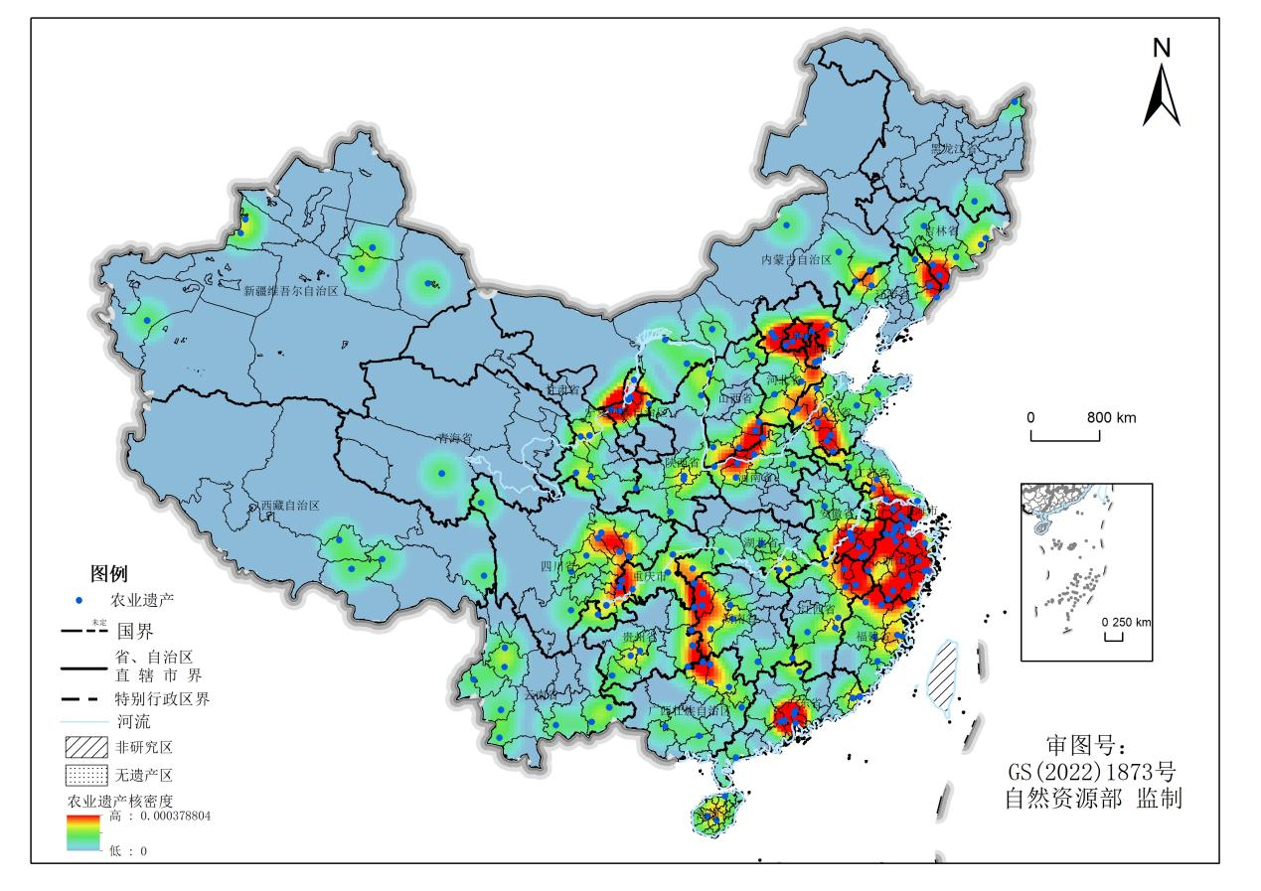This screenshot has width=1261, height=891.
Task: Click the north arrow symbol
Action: point(1161,96)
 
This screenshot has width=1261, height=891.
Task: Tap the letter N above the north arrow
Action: point(1162,47)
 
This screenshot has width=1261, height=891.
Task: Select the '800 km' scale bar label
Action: point(1111,417)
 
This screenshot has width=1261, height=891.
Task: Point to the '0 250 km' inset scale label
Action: point(1127,622)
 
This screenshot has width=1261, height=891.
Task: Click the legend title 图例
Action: point(108,573)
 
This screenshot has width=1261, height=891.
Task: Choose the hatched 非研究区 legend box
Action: point(84,746)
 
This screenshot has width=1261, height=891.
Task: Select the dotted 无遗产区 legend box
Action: point(84,773)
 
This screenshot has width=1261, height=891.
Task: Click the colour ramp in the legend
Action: point(84,832)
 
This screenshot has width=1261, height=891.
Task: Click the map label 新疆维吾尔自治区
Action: point(291,291)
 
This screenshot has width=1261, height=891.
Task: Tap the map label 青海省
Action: point(454,438)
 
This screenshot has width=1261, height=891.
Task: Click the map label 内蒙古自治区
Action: point(795,259)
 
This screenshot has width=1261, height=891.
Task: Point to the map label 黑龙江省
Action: point(946,148)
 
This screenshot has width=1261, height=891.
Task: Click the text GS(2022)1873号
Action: point(1091,771)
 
